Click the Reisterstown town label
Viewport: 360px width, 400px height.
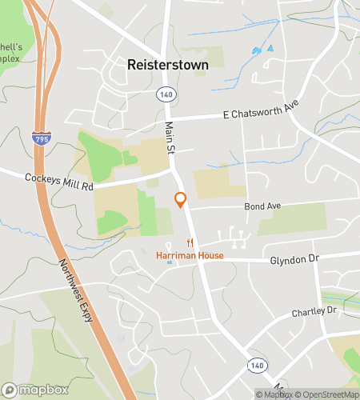click(167, 65)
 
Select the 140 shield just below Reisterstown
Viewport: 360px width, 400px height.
click(166, 94)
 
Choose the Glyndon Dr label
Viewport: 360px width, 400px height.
click(294, 259)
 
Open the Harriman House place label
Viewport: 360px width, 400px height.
click(190, 255)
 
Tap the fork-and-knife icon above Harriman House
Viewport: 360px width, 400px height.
click(190, 242)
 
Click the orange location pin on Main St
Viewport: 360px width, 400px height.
click(180, 199)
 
